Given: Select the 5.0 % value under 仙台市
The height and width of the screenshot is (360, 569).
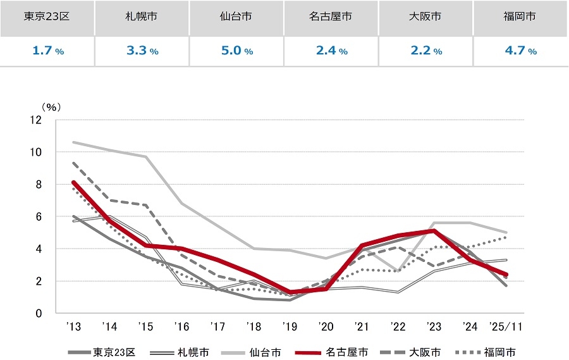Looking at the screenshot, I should tap(236, 51).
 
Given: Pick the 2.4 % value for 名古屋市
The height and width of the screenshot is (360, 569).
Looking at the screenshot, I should tap(331, 51).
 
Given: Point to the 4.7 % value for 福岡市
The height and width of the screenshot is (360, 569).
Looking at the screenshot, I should tap(520, 51).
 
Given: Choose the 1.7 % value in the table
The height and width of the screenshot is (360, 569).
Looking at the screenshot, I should tap(47, 51).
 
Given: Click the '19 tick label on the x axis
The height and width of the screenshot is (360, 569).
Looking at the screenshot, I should tap(290, 327).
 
